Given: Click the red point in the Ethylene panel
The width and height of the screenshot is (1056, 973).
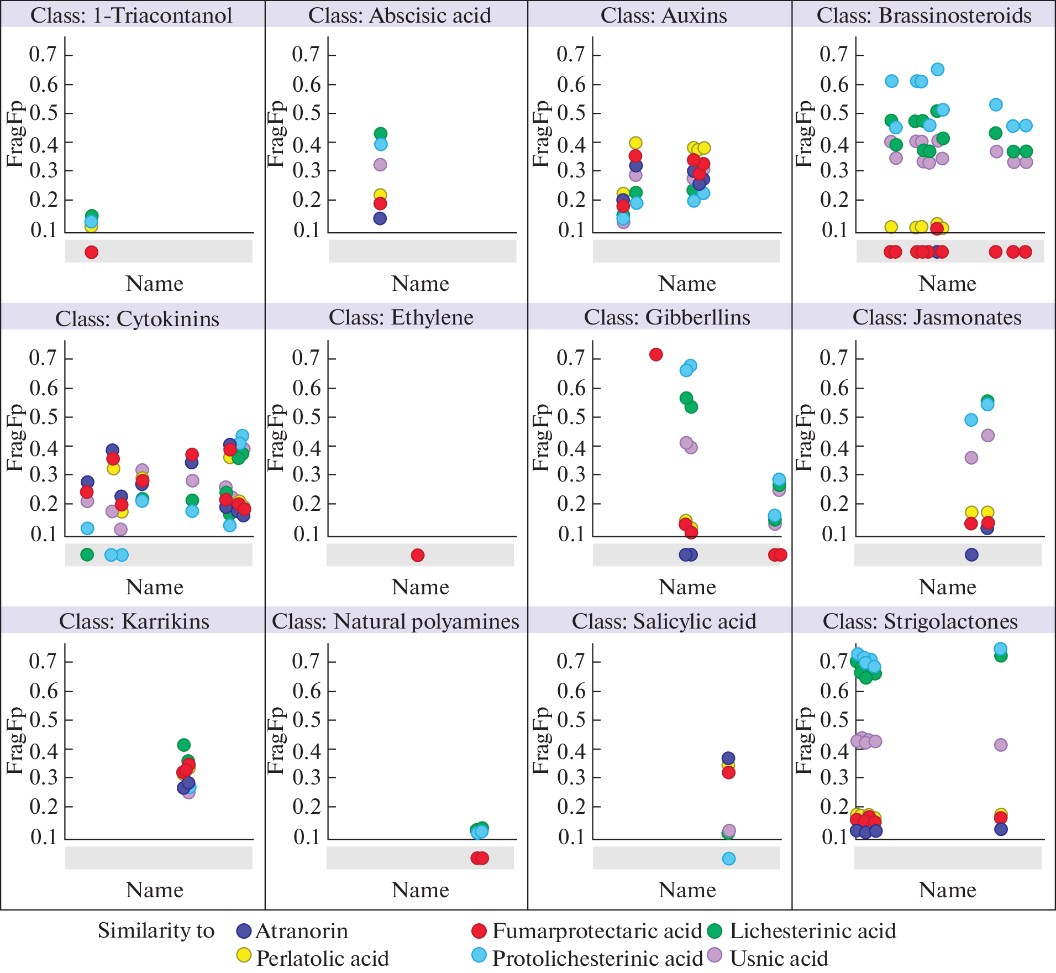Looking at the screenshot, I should (x=418, y=555).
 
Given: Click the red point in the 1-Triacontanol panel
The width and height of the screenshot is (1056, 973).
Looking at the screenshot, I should (x=92, y=252).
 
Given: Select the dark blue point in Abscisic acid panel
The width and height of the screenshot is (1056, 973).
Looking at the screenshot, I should (x=380, y=218).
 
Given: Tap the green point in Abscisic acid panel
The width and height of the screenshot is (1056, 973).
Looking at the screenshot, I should (x=380, y=133).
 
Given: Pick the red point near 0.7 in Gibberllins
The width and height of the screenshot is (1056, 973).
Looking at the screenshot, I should (x=656, y=354).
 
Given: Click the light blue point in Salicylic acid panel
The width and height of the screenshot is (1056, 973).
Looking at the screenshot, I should (x=729, y=859).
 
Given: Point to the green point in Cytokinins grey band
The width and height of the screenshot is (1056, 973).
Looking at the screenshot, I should (x=87, y=554).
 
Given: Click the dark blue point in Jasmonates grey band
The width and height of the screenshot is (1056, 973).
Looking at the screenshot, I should (x=971, y=555).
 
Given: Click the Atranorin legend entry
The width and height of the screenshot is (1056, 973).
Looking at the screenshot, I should (x=301, y=931).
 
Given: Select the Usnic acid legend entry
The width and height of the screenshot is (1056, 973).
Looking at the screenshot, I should (x=779, y=959).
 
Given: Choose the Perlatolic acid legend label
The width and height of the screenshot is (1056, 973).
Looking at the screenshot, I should (x=322, y=959).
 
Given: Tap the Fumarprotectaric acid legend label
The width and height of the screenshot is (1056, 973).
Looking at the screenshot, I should (x=597, y=931).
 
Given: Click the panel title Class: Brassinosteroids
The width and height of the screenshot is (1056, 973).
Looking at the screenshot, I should (x=924, y=15).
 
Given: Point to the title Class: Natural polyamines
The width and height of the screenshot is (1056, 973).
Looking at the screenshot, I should (x=396, y=621).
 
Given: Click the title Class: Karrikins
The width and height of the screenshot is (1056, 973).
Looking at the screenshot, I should (x=134, y=621).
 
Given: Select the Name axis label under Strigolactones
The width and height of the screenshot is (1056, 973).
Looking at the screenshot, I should (x=947, y=890).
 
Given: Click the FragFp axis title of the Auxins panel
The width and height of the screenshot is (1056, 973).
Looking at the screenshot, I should (x=540, y=134).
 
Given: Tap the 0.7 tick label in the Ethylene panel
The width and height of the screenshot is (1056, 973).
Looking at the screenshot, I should (x=306, y=358).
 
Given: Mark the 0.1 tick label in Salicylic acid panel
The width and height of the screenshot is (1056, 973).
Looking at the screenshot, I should (x=571, y=836).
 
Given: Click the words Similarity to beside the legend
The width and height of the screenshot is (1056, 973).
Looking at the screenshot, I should (x=156, y=931).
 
